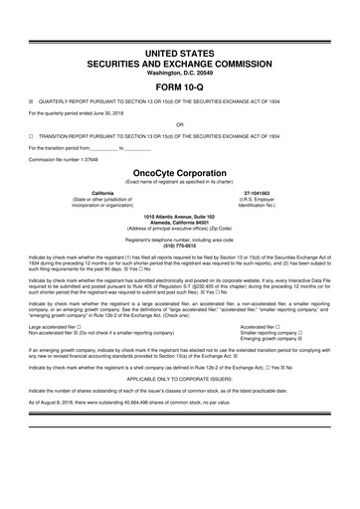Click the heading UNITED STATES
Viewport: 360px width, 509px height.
[179, 50]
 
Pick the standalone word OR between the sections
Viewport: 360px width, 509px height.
[179, 124]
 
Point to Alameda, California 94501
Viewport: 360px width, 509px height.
[179, 222]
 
